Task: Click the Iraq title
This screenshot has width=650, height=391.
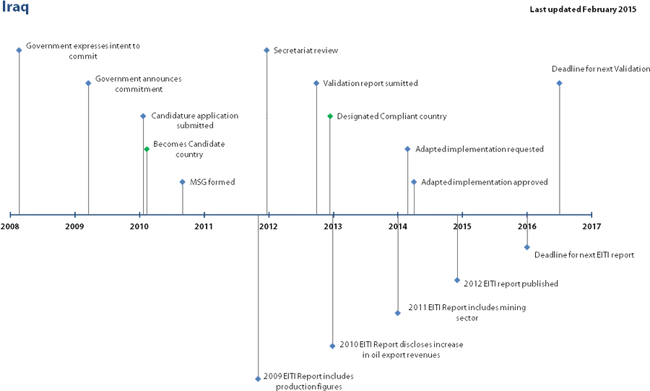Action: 15,7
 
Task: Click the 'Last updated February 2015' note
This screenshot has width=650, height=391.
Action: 583,9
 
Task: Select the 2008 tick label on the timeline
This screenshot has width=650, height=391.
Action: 10,226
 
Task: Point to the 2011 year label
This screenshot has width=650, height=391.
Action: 204,226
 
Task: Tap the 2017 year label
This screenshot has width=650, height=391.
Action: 591,226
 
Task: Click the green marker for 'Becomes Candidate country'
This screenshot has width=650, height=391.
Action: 147,149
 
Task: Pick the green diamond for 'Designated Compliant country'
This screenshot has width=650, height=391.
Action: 330,116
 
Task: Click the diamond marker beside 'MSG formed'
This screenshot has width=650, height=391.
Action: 183,182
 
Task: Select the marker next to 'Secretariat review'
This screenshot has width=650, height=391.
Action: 266,51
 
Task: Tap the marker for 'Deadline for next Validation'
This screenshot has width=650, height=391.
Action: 559,83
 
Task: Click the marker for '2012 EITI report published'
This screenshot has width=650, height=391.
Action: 457,280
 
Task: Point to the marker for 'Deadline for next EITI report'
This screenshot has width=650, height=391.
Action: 527,247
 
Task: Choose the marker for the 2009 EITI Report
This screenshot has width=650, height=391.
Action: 258,379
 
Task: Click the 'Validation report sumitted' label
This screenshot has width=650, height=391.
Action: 370,83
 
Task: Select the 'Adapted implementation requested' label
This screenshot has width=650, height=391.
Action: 480,150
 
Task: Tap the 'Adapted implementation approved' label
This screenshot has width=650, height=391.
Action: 484,182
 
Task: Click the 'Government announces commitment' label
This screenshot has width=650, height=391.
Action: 139,84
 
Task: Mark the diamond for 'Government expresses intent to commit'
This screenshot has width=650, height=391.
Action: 19,50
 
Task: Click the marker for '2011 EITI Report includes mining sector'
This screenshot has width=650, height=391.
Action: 397,313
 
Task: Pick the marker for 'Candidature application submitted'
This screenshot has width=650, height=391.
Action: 143,116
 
